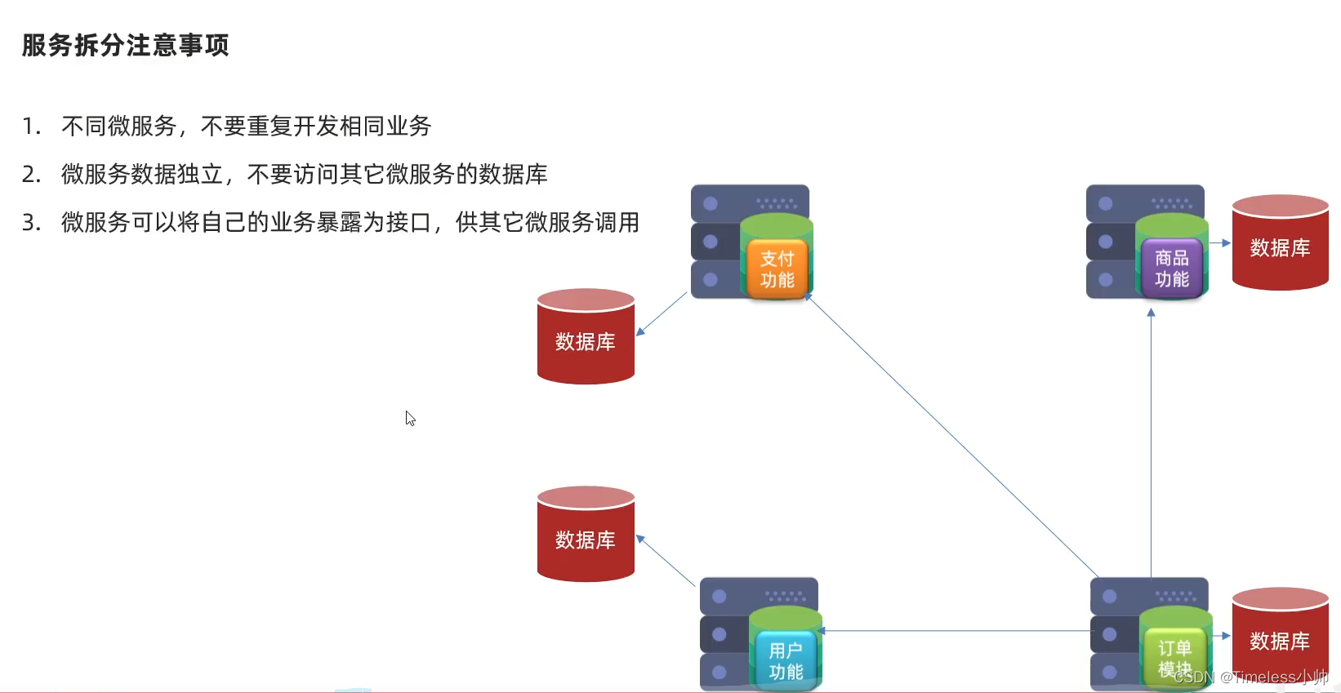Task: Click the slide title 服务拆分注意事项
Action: (125, 45)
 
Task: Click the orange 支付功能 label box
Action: (777, 269)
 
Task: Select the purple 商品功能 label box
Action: (1171, 269)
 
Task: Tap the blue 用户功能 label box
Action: (785, 661)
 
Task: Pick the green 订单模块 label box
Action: (1174, 658)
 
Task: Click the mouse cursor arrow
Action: (410, 418)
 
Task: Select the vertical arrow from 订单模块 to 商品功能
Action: (1151, 441)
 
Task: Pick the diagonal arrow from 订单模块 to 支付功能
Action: (951, 436)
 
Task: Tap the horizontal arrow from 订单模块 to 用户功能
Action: (956, 631)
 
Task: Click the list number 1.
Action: (31, 127)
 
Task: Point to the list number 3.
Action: (31, 222)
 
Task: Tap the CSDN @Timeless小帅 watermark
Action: (1250, 677)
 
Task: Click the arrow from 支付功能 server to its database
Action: (662, 313)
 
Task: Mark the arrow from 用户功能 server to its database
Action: (665, 560)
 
